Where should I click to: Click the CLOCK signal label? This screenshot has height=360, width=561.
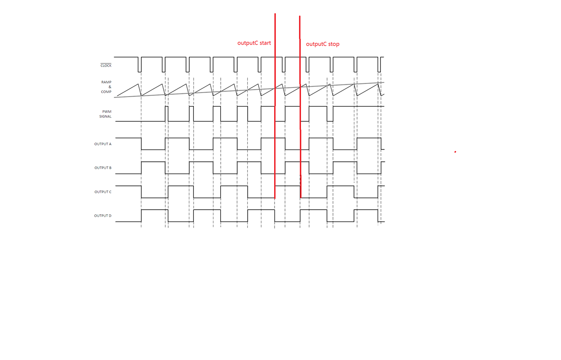(x=106, y=66)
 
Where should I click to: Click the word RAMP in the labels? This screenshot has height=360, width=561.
(x=106, y=82)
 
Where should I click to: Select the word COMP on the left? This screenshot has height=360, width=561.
(x=106, y=92)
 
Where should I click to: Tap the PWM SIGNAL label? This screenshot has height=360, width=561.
(x=105, y=114)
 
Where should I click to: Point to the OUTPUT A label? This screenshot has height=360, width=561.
(x=103, y=144)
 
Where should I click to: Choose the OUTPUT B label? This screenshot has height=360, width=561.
(x=103, y=168)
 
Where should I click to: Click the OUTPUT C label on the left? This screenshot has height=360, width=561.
(x=103, y=192)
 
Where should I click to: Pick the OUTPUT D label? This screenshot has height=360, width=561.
(x=103, y=216)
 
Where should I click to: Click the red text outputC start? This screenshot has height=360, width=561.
(x=254, y=43)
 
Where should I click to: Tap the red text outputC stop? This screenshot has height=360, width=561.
(x=322, y=44)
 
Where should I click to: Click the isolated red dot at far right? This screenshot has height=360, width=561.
(x=455, y=152)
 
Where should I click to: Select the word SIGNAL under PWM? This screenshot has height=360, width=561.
(x=105, y=117)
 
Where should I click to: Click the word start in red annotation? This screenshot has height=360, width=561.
(x=265, y=43)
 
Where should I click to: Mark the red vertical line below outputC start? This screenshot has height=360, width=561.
(x=275, y=114)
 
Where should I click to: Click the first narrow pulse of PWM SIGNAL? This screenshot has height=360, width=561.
(x=166, y=114)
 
